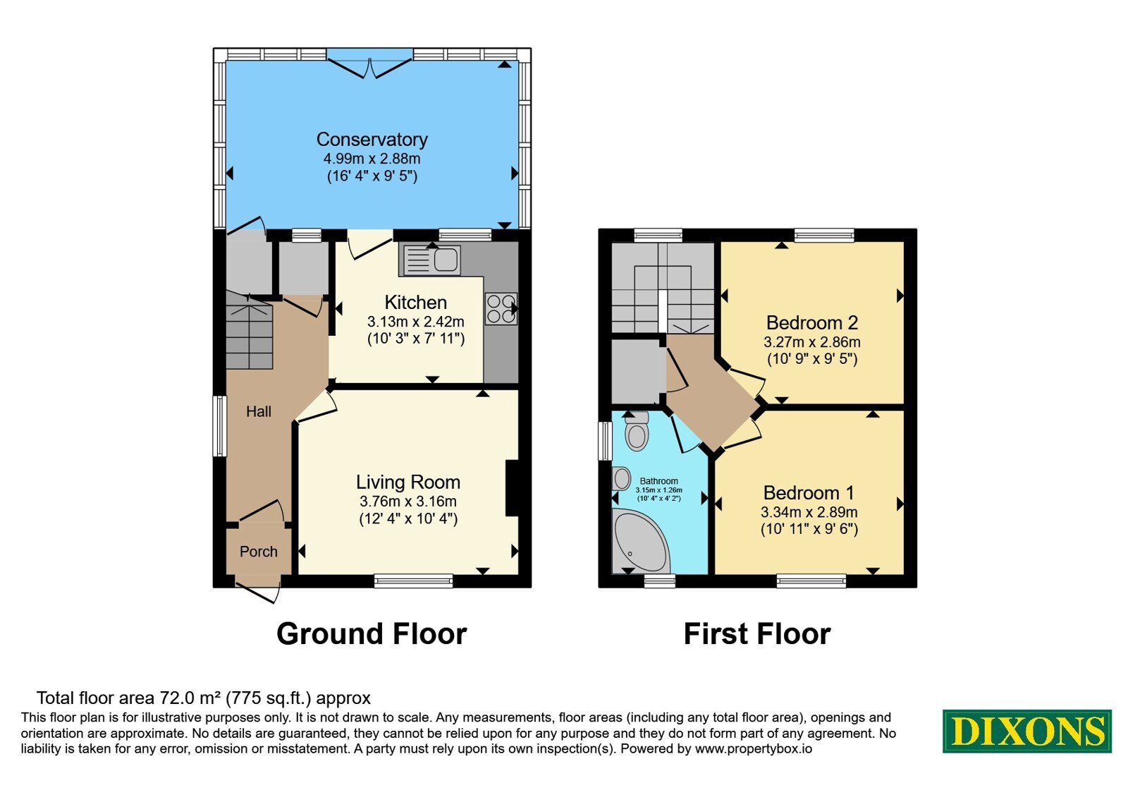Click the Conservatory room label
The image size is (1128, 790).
[372, 139]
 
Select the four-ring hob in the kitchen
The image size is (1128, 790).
[501, 309]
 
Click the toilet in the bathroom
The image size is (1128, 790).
[637, 431]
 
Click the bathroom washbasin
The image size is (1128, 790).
[621, 478]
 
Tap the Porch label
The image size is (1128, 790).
[258, 552]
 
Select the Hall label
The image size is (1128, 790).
[258, 412]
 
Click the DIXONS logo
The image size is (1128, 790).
[1026, 731]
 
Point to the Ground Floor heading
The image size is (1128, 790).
[372, 634]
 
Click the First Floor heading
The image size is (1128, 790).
[757, 634]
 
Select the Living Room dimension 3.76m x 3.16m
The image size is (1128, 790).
[408, 502]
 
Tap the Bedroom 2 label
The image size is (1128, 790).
[811, 322]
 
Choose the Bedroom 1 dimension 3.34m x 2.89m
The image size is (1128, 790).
[809, 512]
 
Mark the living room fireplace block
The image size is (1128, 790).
[512, 487]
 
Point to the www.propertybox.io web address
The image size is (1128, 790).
[754, 748]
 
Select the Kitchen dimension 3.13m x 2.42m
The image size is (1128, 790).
[415, 322]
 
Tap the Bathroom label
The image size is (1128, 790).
[658, 481]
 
